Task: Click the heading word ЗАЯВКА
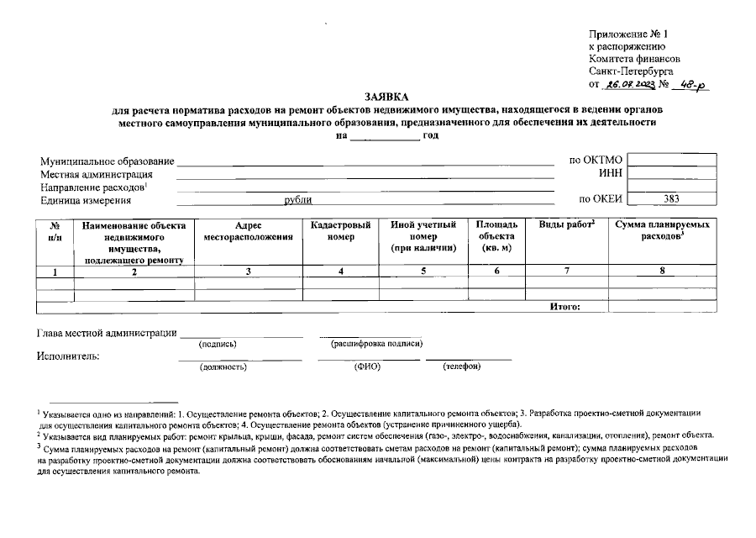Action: pyautogui.click(x=386, y=97)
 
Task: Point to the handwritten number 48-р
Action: pyautogui.click(x=692, y=85)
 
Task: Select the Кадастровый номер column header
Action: pyautogui.click(x=340, y=231)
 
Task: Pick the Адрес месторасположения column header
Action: pyautogui.click(x=248, y=231)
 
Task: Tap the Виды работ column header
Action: pyautogui.click(x=566, y=225)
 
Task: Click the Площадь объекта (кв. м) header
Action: pyautogui.click(x=496, y=237)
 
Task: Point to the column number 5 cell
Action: pyautogui.click(x=423, y=272)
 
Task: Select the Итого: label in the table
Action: pyautogui.click(x=564, y=307)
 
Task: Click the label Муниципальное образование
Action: pyautogui.click(x=107, y=161)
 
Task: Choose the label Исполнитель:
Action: pyautogui.click(x=68, y=356)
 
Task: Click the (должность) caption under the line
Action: pyautogui.click(x=223, y=367)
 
